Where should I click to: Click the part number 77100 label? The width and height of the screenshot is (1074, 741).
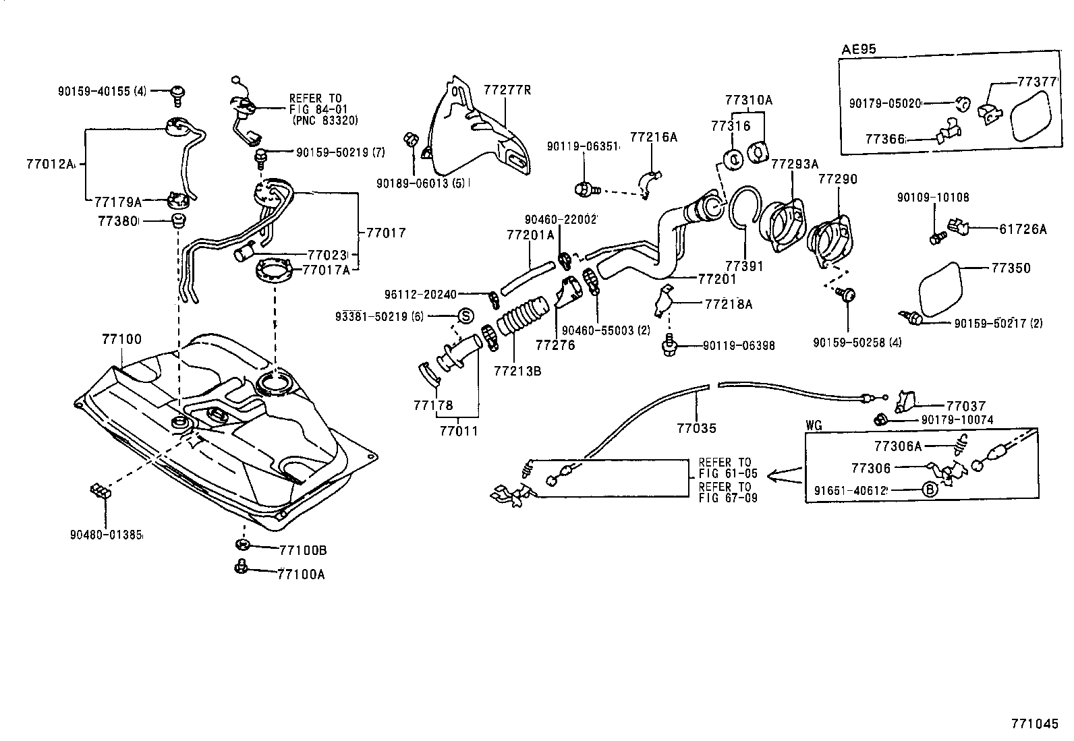(122, 339)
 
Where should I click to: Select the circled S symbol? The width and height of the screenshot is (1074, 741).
(465, 316)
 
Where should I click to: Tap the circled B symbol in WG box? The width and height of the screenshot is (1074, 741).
(930, 490)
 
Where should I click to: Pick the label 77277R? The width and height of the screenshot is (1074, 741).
(507, 90)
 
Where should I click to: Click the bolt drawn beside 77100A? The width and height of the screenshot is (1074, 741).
(240, 567)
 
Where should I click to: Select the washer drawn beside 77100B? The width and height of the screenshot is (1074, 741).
(242, 545)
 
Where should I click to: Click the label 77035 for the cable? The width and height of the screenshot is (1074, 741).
(696, 427)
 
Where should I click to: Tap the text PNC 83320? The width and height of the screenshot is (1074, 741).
(325, 121)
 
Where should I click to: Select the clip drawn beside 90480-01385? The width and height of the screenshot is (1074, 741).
(99, 491)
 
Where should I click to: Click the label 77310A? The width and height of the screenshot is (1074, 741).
(748, 100)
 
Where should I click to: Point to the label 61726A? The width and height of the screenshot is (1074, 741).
(1023, 229)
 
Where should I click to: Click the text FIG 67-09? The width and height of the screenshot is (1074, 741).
(728, 498)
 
